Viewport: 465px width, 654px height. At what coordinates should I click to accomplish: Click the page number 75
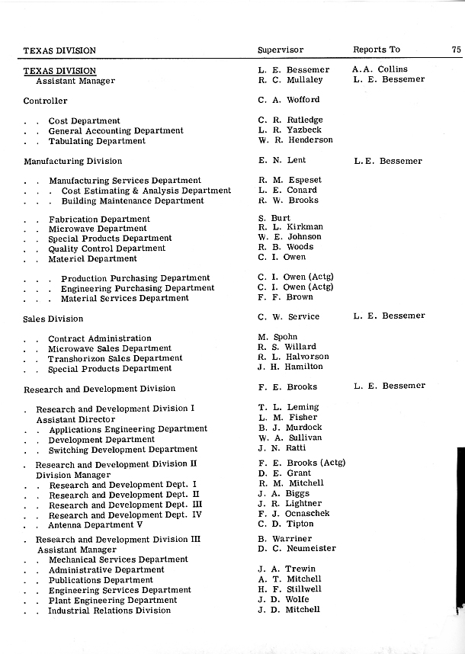click(456, 50)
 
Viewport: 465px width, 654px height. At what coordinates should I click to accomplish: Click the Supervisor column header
click(280, 50)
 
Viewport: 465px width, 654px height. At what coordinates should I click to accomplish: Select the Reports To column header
click(376, 50)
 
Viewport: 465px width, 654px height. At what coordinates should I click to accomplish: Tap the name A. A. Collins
click(380, 69)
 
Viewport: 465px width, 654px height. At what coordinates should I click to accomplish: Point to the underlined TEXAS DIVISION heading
click(59, 71)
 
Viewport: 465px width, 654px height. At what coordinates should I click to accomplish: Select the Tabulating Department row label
click(97, 141)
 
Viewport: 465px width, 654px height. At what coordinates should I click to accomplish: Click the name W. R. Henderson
click(295, 140)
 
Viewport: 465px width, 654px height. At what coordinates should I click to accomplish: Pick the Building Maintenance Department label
click(132, 201)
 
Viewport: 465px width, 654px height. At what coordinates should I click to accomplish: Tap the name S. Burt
click(274, 218)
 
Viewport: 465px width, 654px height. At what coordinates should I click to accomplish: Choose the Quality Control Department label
click(107, 248)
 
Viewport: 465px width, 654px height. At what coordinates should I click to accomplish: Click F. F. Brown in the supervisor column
click(285, 298)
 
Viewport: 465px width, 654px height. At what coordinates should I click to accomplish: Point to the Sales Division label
click(53, 319)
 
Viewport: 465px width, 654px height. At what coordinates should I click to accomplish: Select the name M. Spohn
click(277, 337)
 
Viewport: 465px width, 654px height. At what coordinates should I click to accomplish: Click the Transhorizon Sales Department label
click(115, 358)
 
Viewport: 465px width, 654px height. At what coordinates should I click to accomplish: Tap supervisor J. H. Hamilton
click(290, 367)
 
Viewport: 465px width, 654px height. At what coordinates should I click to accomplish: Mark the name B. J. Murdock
click(290, 428)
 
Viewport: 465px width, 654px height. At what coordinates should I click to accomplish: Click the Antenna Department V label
click(95, 525)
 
